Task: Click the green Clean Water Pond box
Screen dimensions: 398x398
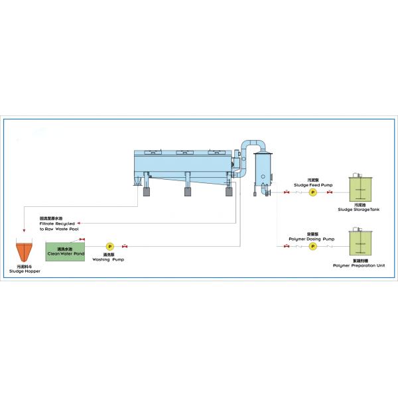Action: pyautogui.click(x=64, y=250)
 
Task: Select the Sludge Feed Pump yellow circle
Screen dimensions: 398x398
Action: pyautogui.click(x=312, y=192)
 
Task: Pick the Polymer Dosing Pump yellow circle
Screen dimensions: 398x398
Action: pyautogui.click(x=312, y=246)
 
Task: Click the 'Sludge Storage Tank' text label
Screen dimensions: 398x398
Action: pyautogui.click(x=360, y=210)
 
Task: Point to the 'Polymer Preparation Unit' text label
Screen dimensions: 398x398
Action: pyautogui.click(x=359, y=265)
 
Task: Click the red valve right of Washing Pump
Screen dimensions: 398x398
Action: pyautogui.click(x=125, y=247)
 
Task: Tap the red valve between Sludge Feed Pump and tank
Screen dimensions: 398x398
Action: pyautogui.click(x=329, y=192)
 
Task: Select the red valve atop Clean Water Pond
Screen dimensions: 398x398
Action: pyautogui.click(x=82, y=239)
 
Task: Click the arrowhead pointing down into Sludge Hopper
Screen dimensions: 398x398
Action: pyautogui.click(x=24, y=232)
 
